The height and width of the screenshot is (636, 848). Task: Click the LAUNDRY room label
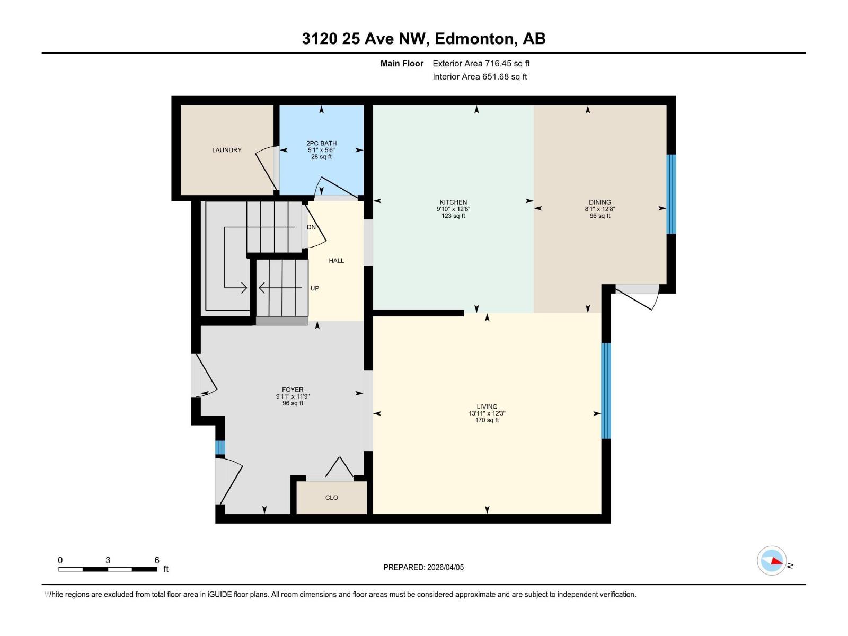[226, 150]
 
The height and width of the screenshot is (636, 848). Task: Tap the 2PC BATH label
[321, 143]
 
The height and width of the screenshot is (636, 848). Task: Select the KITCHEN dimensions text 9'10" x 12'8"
[453, 209]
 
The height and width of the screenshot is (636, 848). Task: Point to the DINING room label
[599, 202]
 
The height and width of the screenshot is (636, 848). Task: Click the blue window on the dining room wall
[671, 194]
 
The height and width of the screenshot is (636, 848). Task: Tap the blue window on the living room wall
[606, 391]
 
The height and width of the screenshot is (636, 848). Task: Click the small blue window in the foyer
[220, 448]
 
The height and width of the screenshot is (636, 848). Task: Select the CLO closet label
[331, 498]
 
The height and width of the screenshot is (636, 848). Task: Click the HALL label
[336, 261]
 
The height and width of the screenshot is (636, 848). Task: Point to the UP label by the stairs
[315, 288]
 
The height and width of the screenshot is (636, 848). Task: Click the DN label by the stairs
[311, 227]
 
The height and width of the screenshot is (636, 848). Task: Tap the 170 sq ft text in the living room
[487, 420]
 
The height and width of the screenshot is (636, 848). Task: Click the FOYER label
[293, 390]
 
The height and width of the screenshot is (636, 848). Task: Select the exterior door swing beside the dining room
[641, 298]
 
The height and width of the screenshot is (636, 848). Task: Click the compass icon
[772, 561]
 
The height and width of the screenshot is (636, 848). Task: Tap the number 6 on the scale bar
[157, 560]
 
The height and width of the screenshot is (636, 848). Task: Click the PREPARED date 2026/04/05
[445, 567]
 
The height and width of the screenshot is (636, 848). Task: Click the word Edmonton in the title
[475, 39]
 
